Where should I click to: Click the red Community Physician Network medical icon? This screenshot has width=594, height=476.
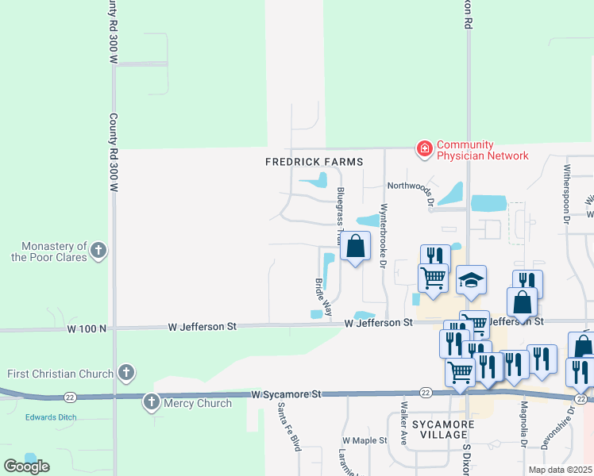click(425, 148)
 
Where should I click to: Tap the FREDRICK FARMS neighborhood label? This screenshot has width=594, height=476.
click(314, 162)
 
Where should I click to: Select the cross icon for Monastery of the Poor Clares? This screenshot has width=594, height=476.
click(98, 251)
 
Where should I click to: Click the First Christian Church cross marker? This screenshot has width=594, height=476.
click(125, 372)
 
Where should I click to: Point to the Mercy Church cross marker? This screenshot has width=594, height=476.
click(152, 402)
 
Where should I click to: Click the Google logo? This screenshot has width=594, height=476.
click(26, 466)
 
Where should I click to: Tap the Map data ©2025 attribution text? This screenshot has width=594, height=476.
click(560, 470)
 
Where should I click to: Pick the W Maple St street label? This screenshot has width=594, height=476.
click(364, 440)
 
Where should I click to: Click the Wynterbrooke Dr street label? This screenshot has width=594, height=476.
click(384, 236)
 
